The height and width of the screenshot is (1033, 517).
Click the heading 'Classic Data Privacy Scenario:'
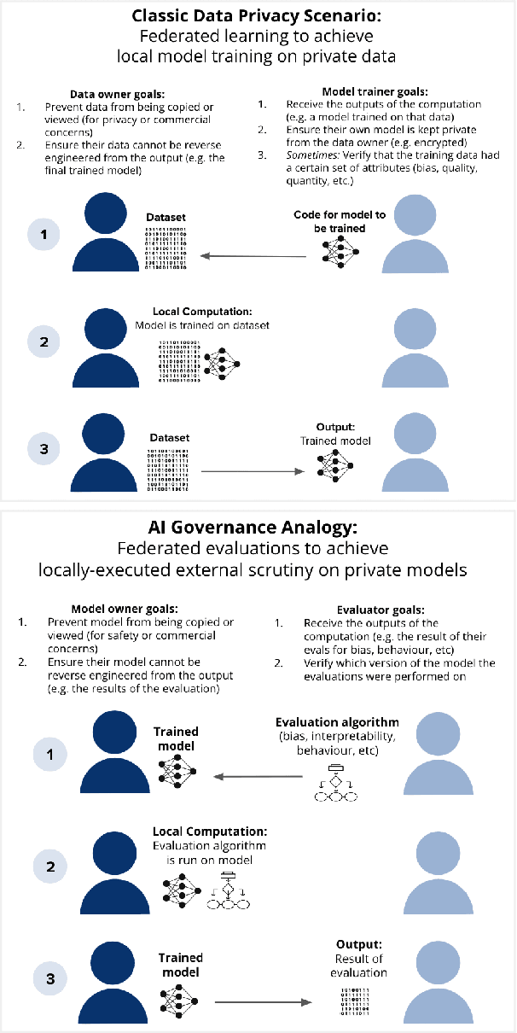coord(258,16)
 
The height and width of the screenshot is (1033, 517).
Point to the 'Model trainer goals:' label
coord(369,90)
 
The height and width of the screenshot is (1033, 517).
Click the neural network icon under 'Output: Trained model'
coord(334,462)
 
